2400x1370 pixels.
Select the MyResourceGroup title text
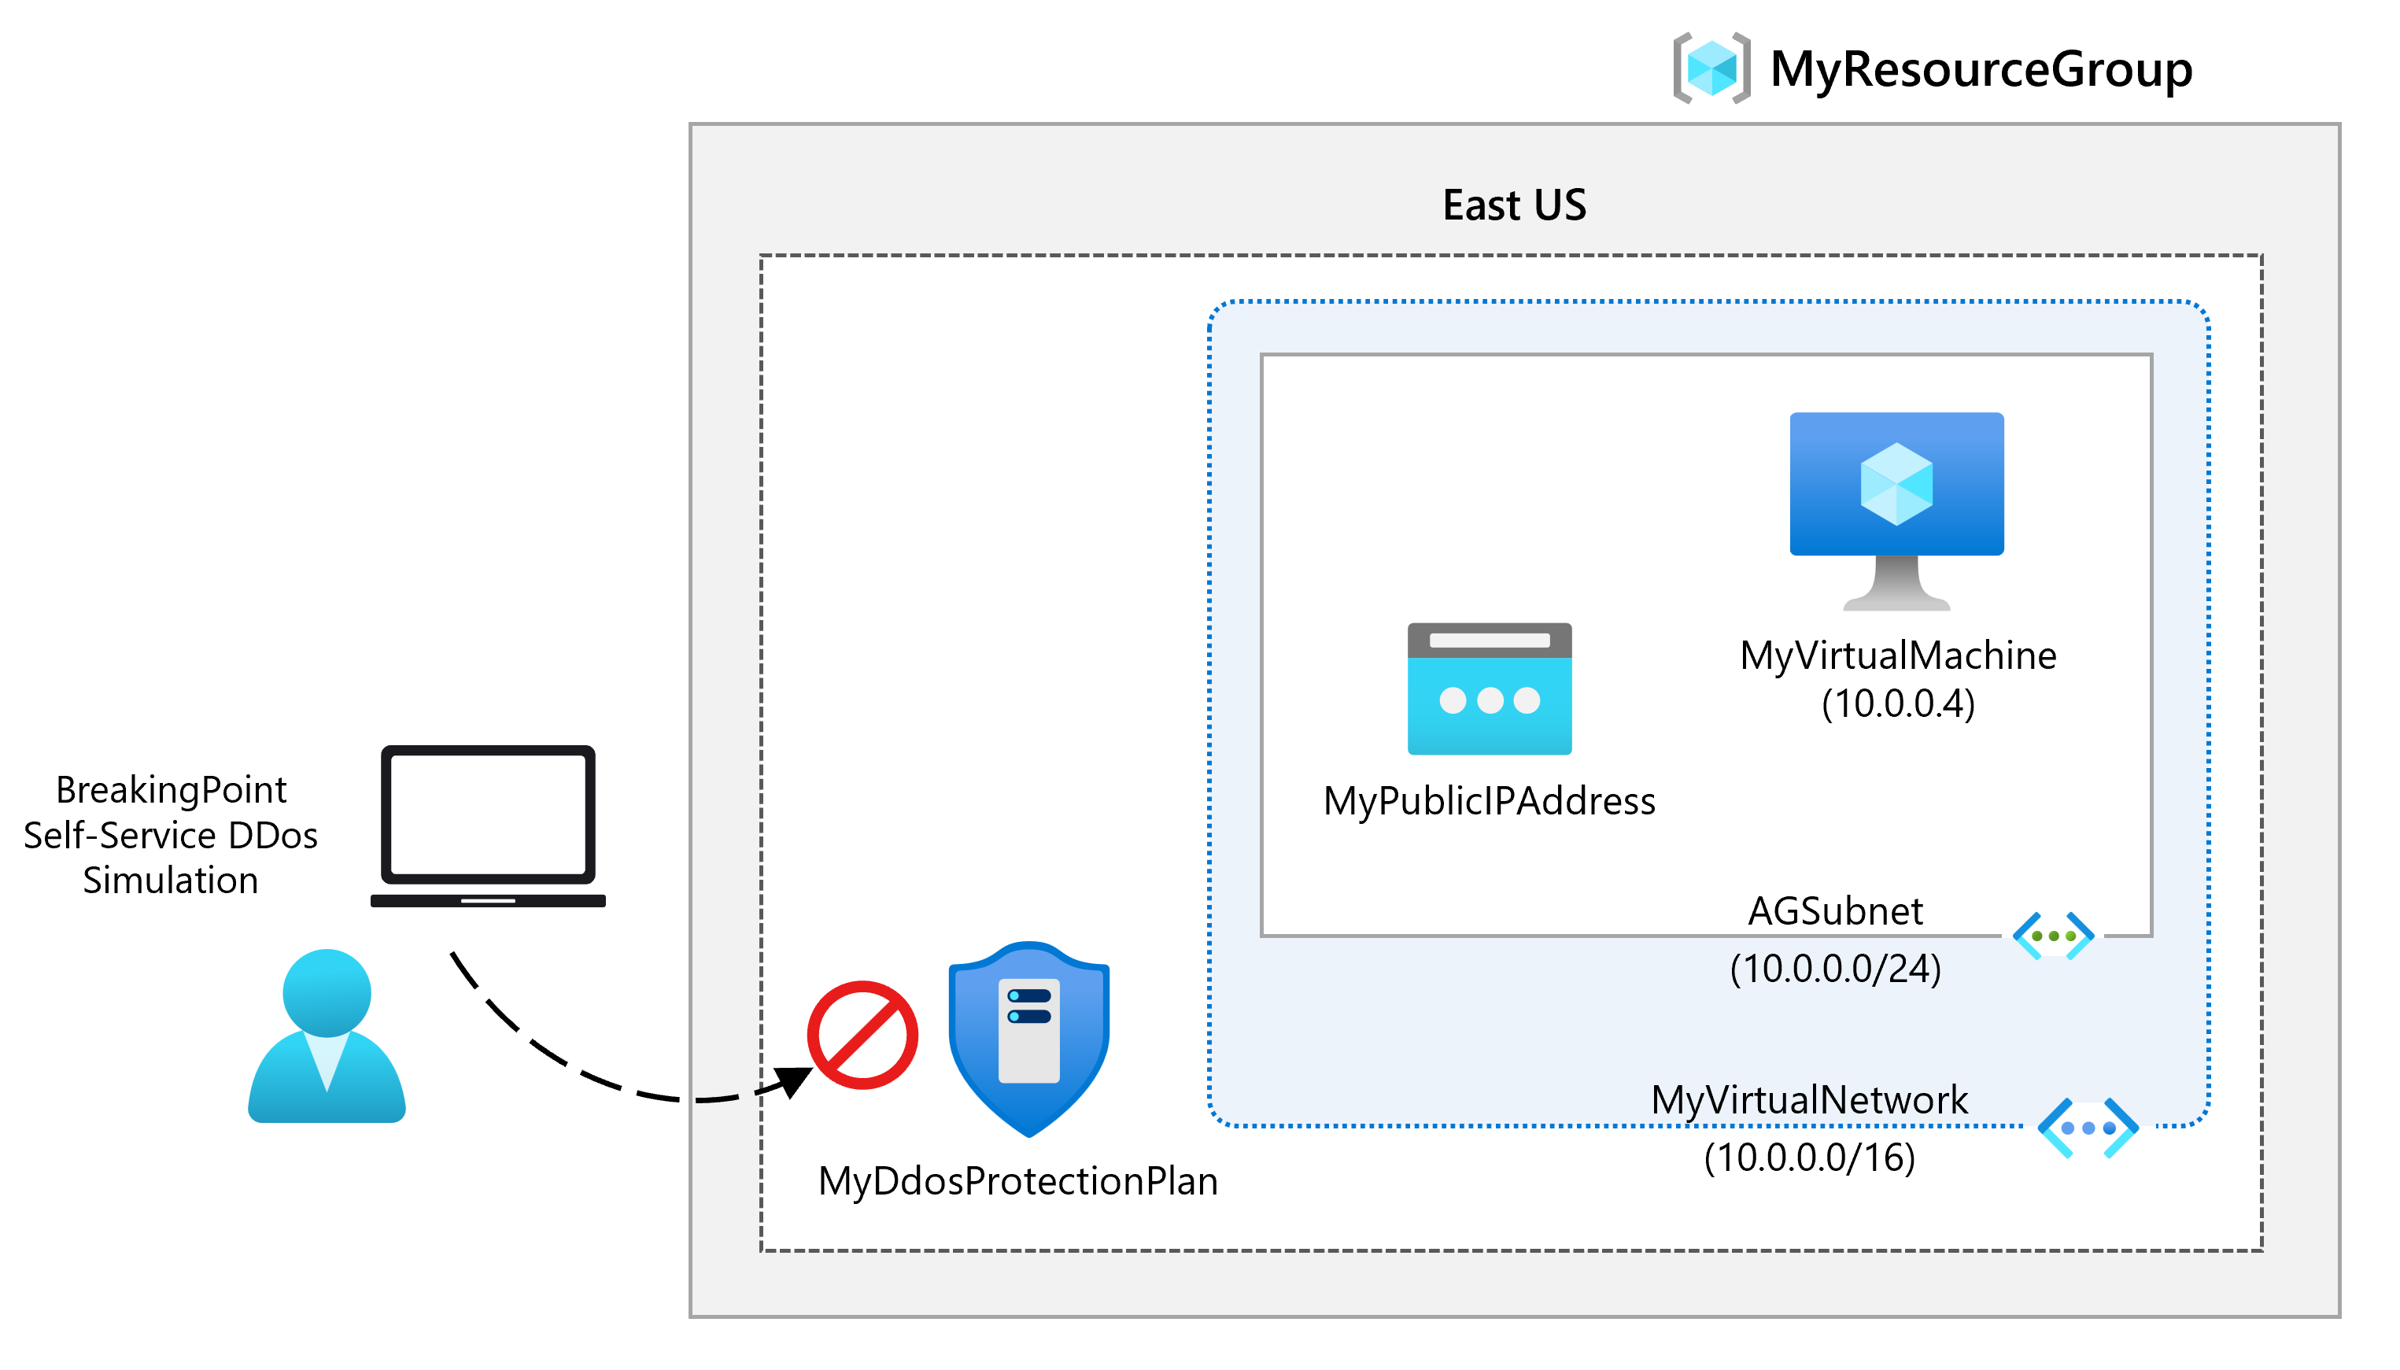tap(1980, 68)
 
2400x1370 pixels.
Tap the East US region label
tap(1514, 205)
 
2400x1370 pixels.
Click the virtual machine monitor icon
tap(1895, 499)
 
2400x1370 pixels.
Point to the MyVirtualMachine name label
tap(1896, 655)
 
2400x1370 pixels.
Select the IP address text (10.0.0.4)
tap(1896, 703)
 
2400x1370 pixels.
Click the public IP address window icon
tap(1488, 688)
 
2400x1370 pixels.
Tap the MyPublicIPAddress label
tap(1488, 801)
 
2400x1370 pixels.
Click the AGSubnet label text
tap(1833, 910)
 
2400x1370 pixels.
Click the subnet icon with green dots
tap(2052, 936)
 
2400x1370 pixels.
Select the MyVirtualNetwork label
tap(1808, 1099)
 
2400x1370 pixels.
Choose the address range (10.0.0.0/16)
tap(1808, 1157)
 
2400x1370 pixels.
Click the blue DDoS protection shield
tap(1028, 1037)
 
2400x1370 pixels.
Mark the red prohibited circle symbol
tap(862, 1035)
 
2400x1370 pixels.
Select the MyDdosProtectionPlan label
tap(1017, 1181)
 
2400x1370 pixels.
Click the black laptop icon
tap(487, 825)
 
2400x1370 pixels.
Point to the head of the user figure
tap(327, 991)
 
